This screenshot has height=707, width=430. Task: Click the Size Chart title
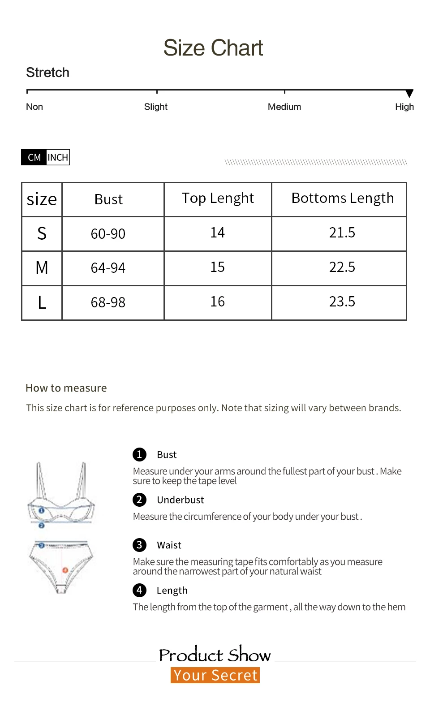pos(213,48)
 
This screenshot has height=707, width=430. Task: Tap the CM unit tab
pos(34,157)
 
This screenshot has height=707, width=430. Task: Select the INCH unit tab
pos(58,157)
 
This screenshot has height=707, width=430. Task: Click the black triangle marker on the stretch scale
pos(409,94)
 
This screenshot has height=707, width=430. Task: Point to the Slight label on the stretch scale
pos(155,107)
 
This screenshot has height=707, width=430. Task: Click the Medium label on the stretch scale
pos(284,107)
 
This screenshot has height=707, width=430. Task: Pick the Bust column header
pos(108,199)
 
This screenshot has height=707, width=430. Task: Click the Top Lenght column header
pos(218,198)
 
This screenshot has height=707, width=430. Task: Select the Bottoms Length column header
pos(343,198)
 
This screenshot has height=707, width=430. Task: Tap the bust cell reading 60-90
pos(108,233)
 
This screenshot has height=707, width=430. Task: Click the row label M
pos(42,268)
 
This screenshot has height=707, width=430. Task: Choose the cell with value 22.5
pos(342,267)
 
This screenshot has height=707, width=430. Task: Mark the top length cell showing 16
pos(217,302)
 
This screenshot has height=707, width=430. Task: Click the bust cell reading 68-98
pos(108,302)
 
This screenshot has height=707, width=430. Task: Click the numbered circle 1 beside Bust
pos(139,454)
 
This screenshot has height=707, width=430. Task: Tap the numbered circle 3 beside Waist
pos(139,545)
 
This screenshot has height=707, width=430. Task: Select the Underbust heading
pos(180,500)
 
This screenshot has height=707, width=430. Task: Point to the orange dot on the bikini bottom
pos(65,570)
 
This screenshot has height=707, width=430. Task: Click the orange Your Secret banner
pos(215,675)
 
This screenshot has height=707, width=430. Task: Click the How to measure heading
pos(66,388)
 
